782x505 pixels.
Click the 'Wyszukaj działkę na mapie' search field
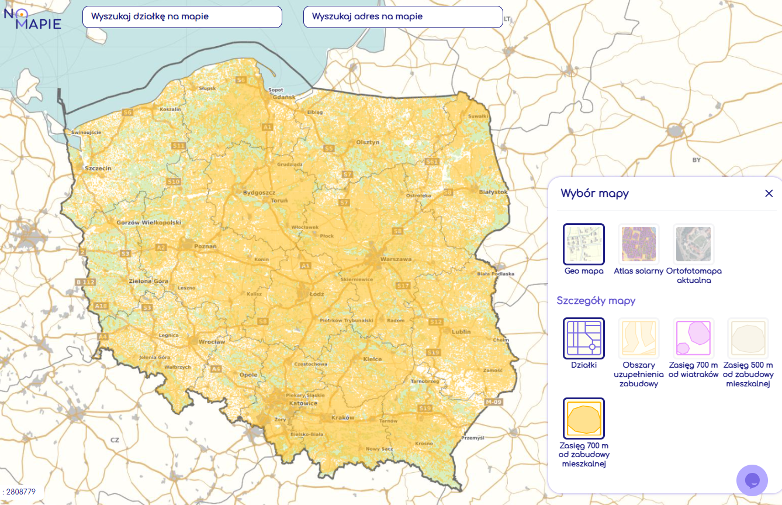tap(182, 17)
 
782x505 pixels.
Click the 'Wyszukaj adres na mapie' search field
tap(403, 17)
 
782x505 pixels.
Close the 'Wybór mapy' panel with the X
tap(769, 193)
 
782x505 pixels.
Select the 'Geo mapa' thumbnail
tap(583, 244)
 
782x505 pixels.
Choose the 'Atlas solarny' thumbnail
tap(638, 244)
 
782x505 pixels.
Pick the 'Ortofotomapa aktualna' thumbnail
tap(693, 244)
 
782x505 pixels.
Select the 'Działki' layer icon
tap(583, 338)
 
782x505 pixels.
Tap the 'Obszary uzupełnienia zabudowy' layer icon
tap(638, 338)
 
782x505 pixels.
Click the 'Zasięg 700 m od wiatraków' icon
tap(693, 338)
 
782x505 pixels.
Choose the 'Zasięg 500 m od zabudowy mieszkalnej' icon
tap(748, 338)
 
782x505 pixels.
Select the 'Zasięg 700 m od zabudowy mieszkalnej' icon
tap(583, 418)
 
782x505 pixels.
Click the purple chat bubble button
tap(752, 480)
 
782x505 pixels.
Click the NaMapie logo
tap(32, 18)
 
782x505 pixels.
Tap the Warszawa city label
tap(396, 259)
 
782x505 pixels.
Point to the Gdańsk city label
tap(284, 97)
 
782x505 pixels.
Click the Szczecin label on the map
tap(98, 168)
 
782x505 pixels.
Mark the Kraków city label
tap(342, 418)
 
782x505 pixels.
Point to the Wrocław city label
tap(211, 341)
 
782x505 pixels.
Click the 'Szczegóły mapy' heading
tap(596, 301)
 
